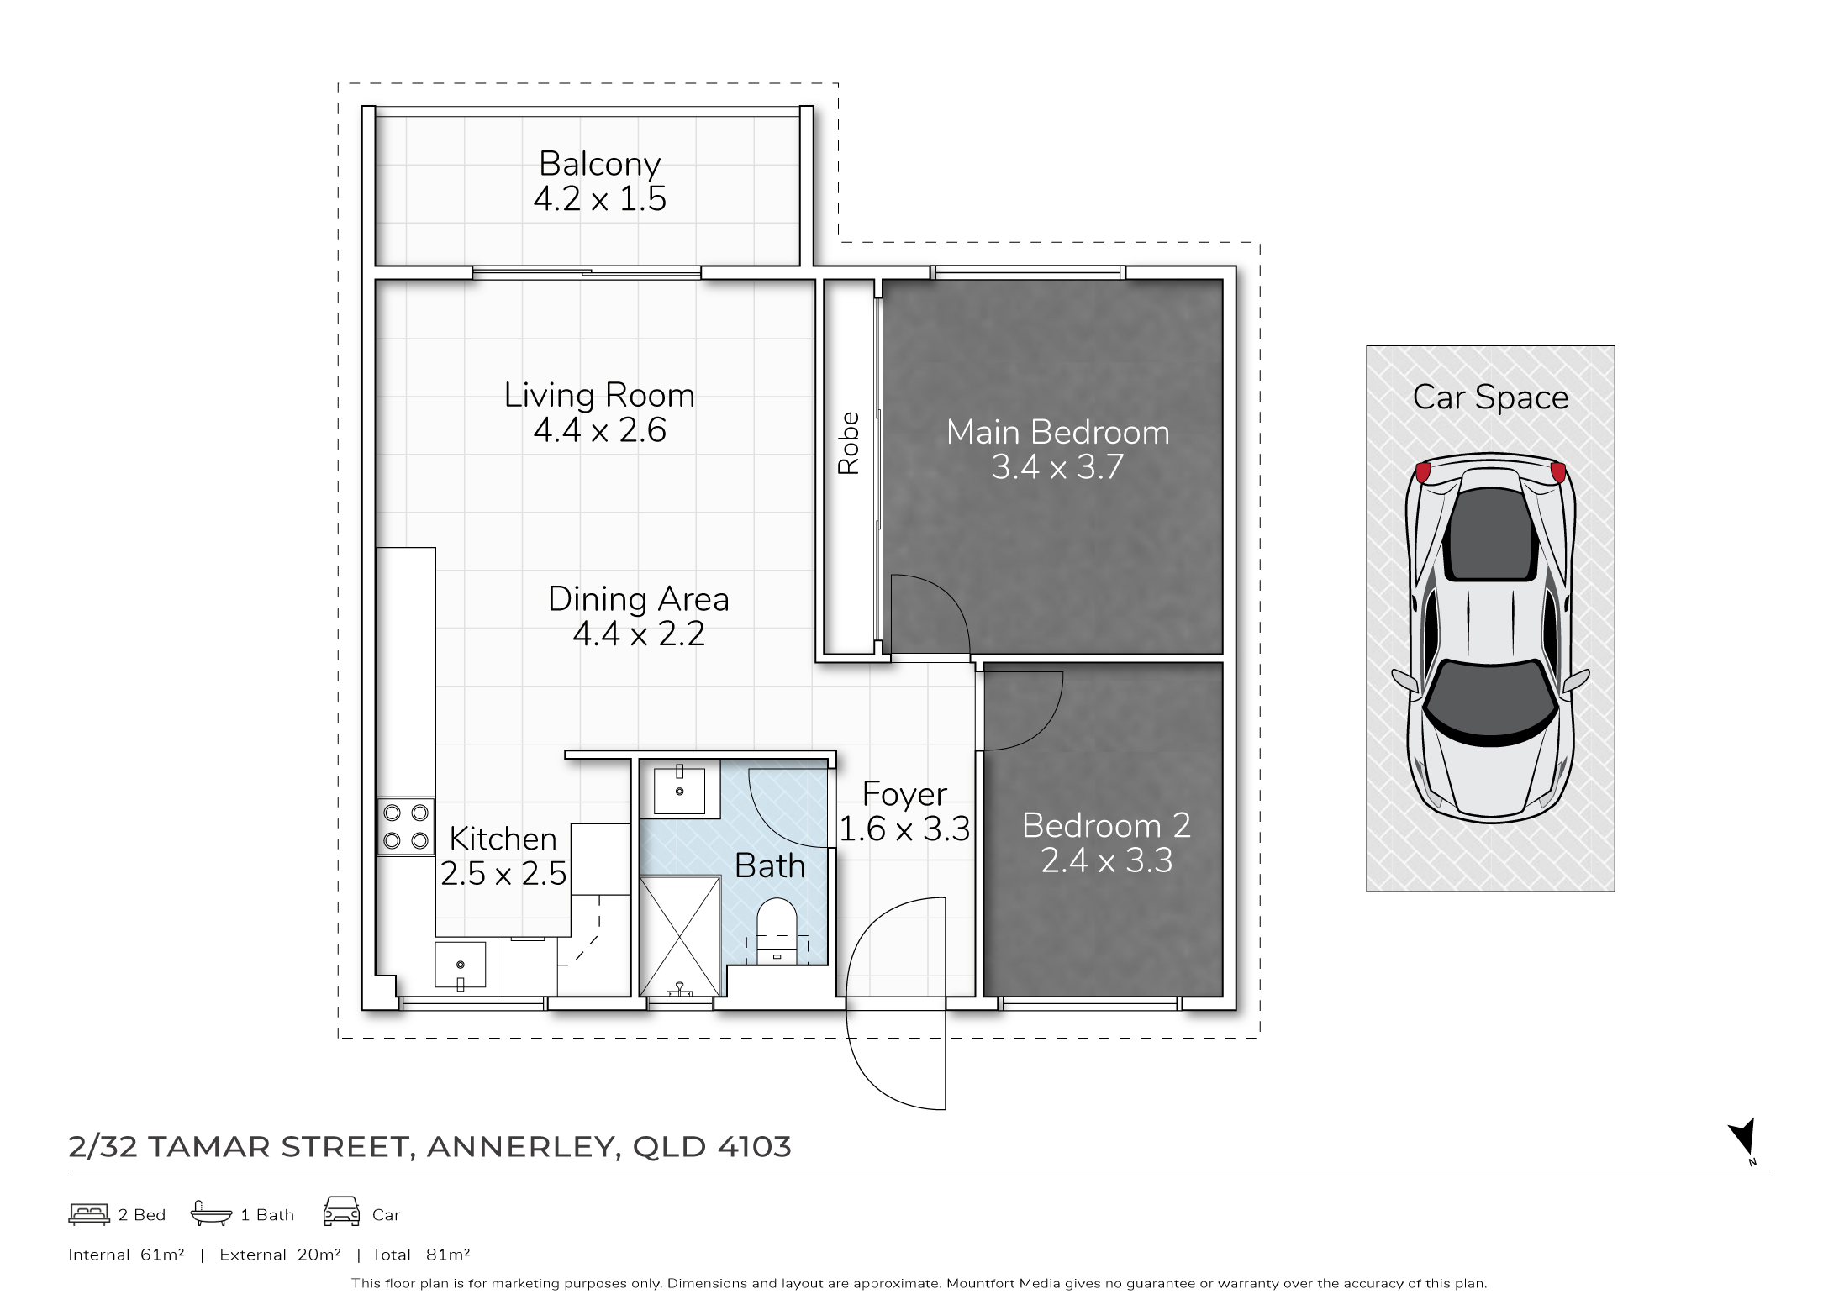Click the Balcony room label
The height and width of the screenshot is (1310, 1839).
point(599,164)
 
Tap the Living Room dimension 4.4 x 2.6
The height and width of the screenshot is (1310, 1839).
point(599,430)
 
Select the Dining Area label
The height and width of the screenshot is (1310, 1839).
point(638,599)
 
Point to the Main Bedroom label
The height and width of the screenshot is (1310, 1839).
point(1057,433)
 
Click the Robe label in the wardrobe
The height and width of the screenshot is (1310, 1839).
point(849,443)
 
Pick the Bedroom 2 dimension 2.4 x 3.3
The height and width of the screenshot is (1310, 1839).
point(1106,860)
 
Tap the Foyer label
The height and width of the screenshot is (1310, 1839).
point(904,795)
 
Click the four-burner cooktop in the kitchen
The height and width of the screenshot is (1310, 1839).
point(406,827)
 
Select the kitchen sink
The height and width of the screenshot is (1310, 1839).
point(460,965)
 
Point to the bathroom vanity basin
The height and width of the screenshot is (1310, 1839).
point(679,787)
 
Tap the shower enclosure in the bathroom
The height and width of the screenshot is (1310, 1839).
point(680,936)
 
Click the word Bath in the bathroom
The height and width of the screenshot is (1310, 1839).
point(770,866)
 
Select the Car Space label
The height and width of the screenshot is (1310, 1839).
point(1490,397)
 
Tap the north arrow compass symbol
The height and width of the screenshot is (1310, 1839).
point(1743,1140)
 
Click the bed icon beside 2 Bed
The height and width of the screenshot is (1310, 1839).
point(89,1214)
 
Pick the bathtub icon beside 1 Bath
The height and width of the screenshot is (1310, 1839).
point(211,1213)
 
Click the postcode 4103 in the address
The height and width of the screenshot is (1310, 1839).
point(754,1147)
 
